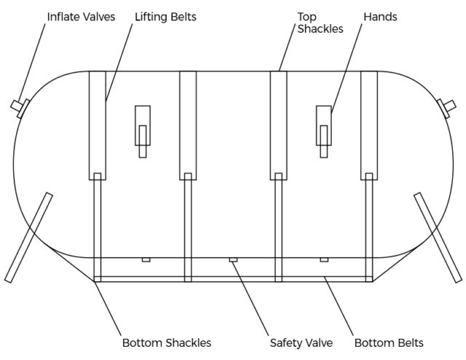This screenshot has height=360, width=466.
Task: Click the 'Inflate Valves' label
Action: [x=81, y=17]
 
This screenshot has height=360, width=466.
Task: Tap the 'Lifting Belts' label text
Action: [x=165, y=17]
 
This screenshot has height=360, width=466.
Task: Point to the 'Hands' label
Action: [x=379, y=17]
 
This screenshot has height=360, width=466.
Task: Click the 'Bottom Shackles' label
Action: [x=166, y=342]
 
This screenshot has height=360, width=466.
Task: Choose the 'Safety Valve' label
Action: [x=301, y=342]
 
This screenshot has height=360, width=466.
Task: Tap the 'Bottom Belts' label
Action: [x=389, y=342]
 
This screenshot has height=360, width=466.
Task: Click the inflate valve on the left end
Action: [x=20, y=107]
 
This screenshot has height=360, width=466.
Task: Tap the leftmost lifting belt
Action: [x=97, y=124]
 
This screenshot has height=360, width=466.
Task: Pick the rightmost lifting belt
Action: [x=369, y=124]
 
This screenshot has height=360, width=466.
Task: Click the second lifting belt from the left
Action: [x=188, y=124]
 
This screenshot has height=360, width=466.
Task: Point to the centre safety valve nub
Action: [x=233, y=259]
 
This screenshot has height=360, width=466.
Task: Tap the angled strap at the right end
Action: [x=437, y=237]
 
